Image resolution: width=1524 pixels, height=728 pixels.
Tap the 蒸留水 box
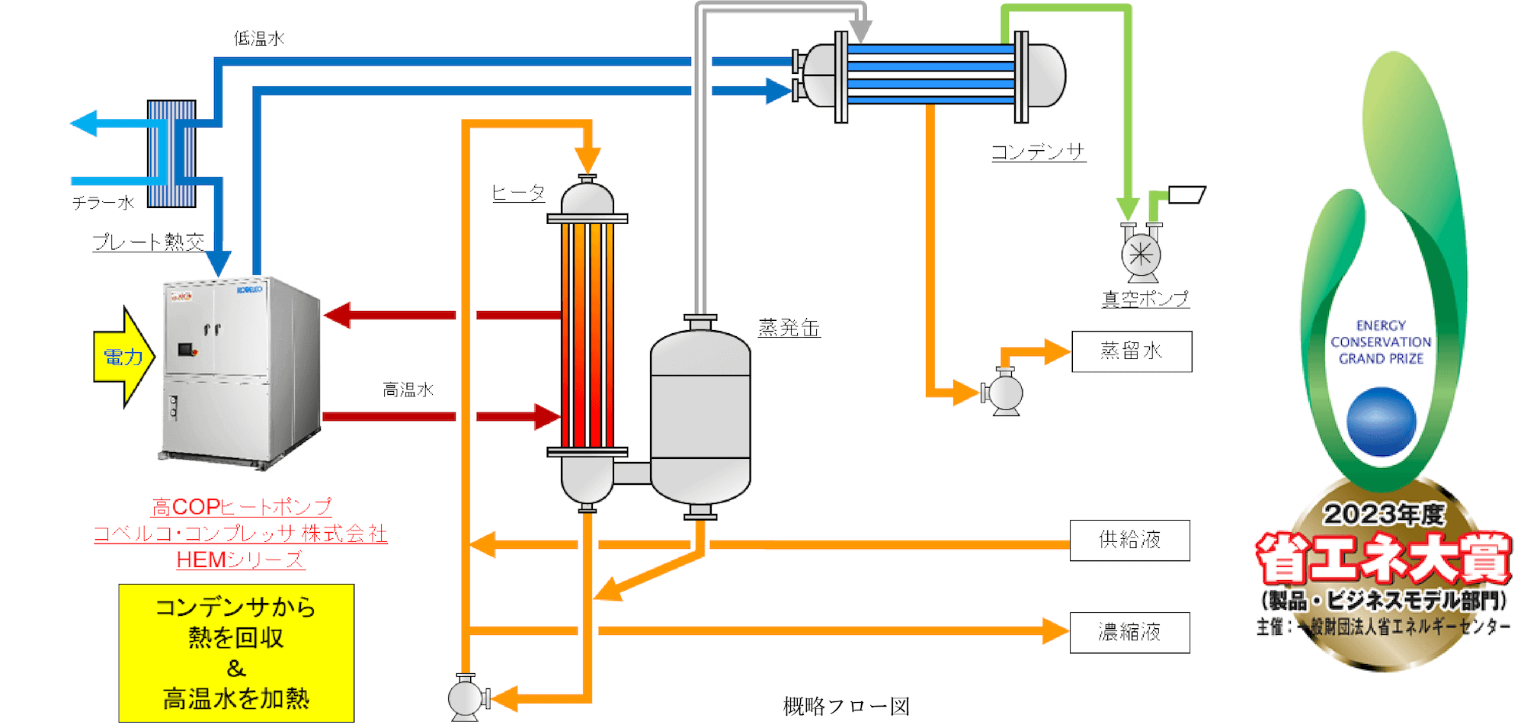point(1132,351)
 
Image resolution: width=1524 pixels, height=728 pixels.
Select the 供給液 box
point(1129,540)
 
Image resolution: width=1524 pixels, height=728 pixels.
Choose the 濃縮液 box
point(1129,633)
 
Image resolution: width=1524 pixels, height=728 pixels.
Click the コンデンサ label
point(1038,152)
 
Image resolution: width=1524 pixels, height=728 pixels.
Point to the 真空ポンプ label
point(1145,299)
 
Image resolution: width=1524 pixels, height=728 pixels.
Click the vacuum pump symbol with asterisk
point(1141,255)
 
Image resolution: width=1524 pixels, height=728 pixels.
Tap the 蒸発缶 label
point(789,328)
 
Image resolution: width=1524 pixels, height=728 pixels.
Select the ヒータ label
point(518,193)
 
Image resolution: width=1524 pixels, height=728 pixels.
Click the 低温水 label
point(259,38)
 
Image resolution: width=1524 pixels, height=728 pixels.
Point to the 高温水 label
point(408,390)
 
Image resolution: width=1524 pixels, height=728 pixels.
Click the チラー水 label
point(103,203)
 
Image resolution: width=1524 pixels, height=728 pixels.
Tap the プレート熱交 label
point(149,242)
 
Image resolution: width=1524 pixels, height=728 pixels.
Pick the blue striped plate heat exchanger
point(171,153)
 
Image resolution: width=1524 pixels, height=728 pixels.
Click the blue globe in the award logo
point(1381,422)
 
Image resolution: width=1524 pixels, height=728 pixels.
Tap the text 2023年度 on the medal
point(1383,515)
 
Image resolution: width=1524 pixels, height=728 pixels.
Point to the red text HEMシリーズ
point(240,560)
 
